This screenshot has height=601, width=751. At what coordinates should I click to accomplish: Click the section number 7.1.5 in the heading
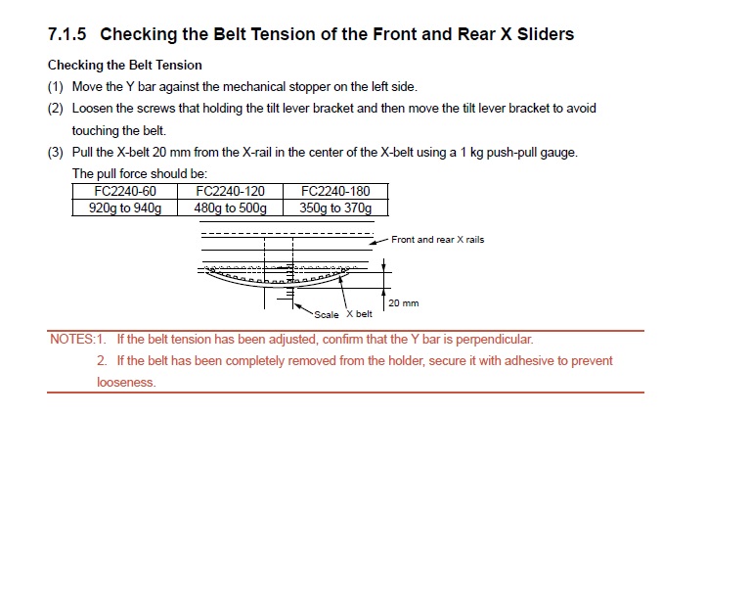coord(67,34)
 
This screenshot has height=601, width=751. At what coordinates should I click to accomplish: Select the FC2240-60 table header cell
coord(125,191)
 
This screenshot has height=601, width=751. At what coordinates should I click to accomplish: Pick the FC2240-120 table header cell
coord(231,191)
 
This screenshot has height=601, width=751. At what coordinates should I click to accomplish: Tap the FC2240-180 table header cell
coord(335,191)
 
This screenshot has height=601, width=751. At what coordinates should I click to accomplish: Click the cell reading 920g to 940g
coord(125,208)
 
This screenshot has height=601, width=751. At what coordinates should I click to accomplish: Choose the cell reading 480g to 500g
coord(231,208)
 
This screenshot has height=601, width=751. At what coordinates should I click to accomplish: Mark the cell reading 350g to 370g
coord(335,208)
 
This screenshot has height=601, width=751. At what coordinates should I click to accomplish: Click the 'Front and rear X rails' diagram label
coord(438,240)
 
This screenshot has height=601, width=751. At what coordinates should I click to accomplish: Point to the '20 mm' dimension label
coord(404,302)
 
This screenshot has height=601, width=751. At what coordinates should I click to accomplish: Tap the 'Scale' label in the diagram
coord(327,315)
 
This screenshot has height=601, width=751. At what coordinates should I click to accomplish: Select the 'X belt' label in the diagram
coord(359,314)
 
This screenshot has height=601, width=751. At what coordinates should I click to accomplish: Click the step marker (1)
coord(56,87)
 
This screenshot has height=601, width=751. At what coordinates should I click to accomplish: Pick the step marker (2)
coord(56,109)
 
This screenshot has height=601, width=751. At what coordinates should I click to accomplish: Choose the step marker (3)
coord(56,153)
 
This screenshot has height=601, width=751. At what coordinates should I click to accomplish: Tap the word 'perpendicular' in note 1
coord(494,340)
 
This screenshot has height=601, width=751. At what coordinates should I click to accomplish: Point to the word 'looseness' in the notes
coord(126,382)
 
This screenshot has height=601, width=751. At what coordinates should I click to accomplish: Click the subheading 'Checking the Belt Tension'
coord(125,66)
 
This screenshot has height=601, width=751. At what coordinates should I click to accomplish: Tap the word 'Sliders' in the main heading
coord(546,34)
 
